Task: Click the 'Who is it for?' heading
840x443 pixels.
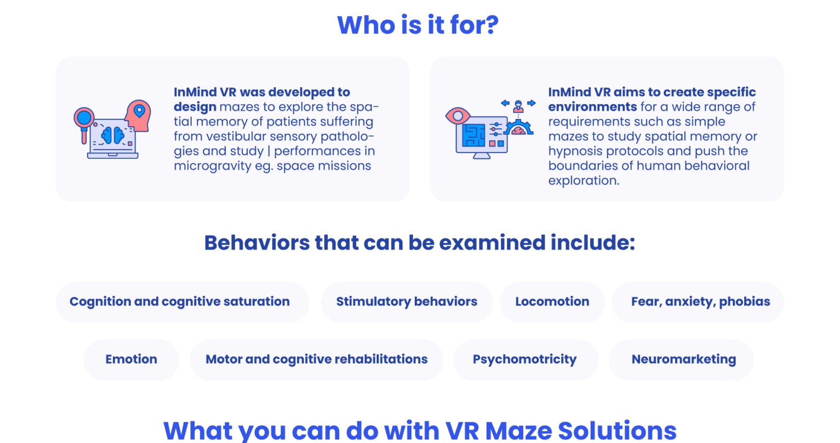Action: (x=418, y=25)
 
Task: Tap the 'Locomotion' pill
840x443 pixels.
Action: (x=552, y=302)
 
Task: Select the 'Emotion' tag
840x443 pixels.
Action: (x=131, y=360)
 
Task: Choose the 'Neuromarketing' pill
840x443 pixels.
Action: (x=684, y=360)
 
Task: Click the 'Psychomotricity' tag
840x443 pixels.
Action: (x=525, y=360)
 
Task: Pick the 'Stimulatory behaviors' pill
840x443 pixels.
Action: (x=407, y=302)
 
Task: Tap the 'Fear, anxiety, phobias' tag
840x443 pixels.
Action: (x=698, y=302)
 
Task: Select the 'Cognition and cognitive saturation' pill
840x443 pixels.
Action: (x=182, y=302)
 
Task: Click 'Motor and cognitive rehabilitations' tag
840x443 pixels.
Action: (x=316, y=360)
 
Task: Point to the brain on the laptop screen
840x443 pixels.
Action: (x=113, y=135)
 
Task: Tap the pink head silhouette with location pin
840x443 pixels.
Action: (x=138, y=115)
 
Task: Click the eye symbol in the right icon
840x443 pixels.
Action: (x=458, y=116)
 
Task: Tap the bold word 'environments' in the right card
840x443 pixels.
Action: (x=593, y=107)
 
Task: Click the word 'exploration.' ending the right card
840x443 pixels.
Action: (x=583, y=181)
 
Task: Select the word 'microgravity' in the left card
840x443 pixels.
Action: (x=213, y=166)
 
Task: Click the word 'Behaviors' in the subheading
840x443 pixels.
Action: (x=257, y=243)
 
